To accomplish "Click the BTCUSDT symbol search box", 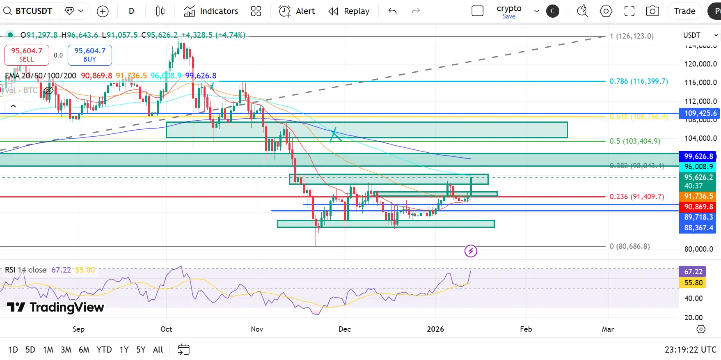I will pos(29,11).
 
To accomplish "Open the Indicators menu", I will pos(211,11).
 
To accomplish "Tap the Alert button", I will pos(297,11).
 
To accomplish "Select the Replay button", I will pos(349,11).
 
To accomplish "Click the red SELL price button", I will pos(27,55).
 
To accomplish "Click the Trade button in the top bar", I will pos(684,11).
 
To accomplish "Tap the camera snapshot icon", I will pos(652,11).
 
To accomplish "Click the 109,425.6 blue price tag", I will pos(700,113).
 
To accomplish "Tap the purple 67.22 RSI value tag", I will pos(693,271).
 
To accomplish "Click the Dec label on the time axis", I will pos(345,329).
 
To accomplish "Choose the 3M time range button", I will pos(66,350).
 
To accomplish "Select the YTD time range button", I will pos(104,350).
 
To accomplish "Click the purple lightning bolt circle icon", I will pos(471,251).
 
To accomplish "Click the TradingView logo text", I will pos(56,307).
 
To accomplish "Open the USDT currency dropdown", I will pos(700,35).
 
